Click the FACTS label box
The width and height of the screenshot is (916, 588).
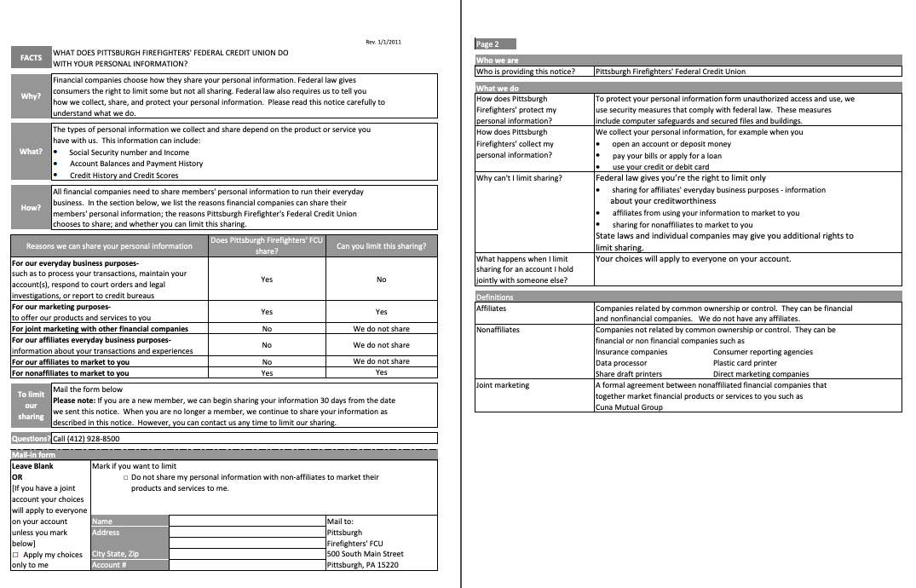pyautogui.click(x=31, y=58)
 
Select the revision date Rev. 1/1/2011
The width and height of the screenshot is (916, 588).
pyautogui.click(x=383, y=42)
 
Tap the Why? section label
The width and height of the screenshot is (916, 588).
pyautogui.click(x=31, y=95)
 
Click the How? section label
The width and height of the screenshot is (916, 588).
pyautogui.click(x=31, y=207)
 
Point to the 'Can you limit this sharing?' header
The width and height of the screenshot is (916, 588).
pyautogui.click(x=381, y=245)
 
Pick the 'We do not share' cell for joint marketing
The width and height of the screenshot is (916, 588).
pyautogui.click(x=381, y=328)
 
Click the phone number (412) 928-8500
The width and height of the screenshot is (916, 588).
pyautogui.click(x=86, y=439)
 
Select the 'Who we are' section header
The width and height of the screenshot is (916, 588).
pyautogui.click(x=497, y=61)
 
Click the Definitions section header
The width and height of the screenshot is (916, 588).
pyautogui.click(x=495, y=297)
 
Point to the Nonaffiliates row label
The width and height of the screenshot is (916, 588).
pyautogui.click(x=498, y=330)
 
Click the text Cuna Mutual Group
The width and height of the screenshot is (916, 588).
pyautogui.click(x=630, y=407)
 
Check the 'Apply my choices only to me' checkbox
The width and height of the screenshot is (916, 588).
pyautogui.click(x=15, y=555)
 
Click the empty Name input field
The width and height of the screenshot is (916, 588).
pyautogui.click(x=247, y=521)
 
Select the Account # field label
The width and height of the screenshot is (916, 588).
pyautogui.click(x=109, y=565)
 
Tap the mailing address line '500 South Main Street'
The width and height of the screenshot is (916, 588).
pyautogui.click(x=365, y=554)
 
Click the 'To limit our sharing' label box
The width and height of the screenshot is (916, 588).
pyautogui.click(x=31, y=406)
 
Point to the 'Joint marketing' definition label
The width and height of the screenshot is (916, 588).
pyautogui.click(x=503, y=385)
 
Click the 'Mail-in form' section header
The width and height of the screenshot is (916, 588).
pyautogui.click(x=33, y=455)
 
